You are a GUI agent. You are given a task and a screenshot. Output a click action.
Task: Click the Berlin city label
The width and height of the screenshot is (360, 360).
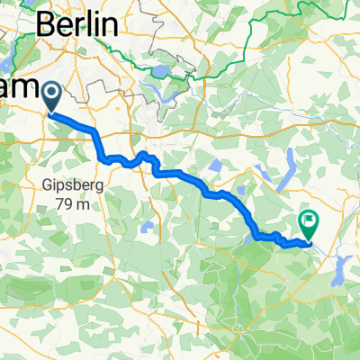pos(77,26)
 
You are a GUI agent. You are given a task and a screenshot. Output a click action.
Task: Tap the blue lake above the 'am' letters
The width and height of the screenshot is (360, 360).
pos(4,63)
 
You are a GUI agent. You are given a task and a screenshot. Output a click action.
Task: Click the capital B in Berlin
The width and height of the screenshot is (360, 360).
pos(46,26)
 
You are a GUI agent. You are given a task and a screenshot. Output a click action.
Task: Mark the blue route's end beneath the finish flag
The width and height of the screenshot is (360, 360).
pos(310,241)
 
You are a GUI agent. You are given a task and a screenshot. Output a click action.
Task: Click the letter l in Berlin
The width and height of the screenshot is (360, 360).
pos(90,26)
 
